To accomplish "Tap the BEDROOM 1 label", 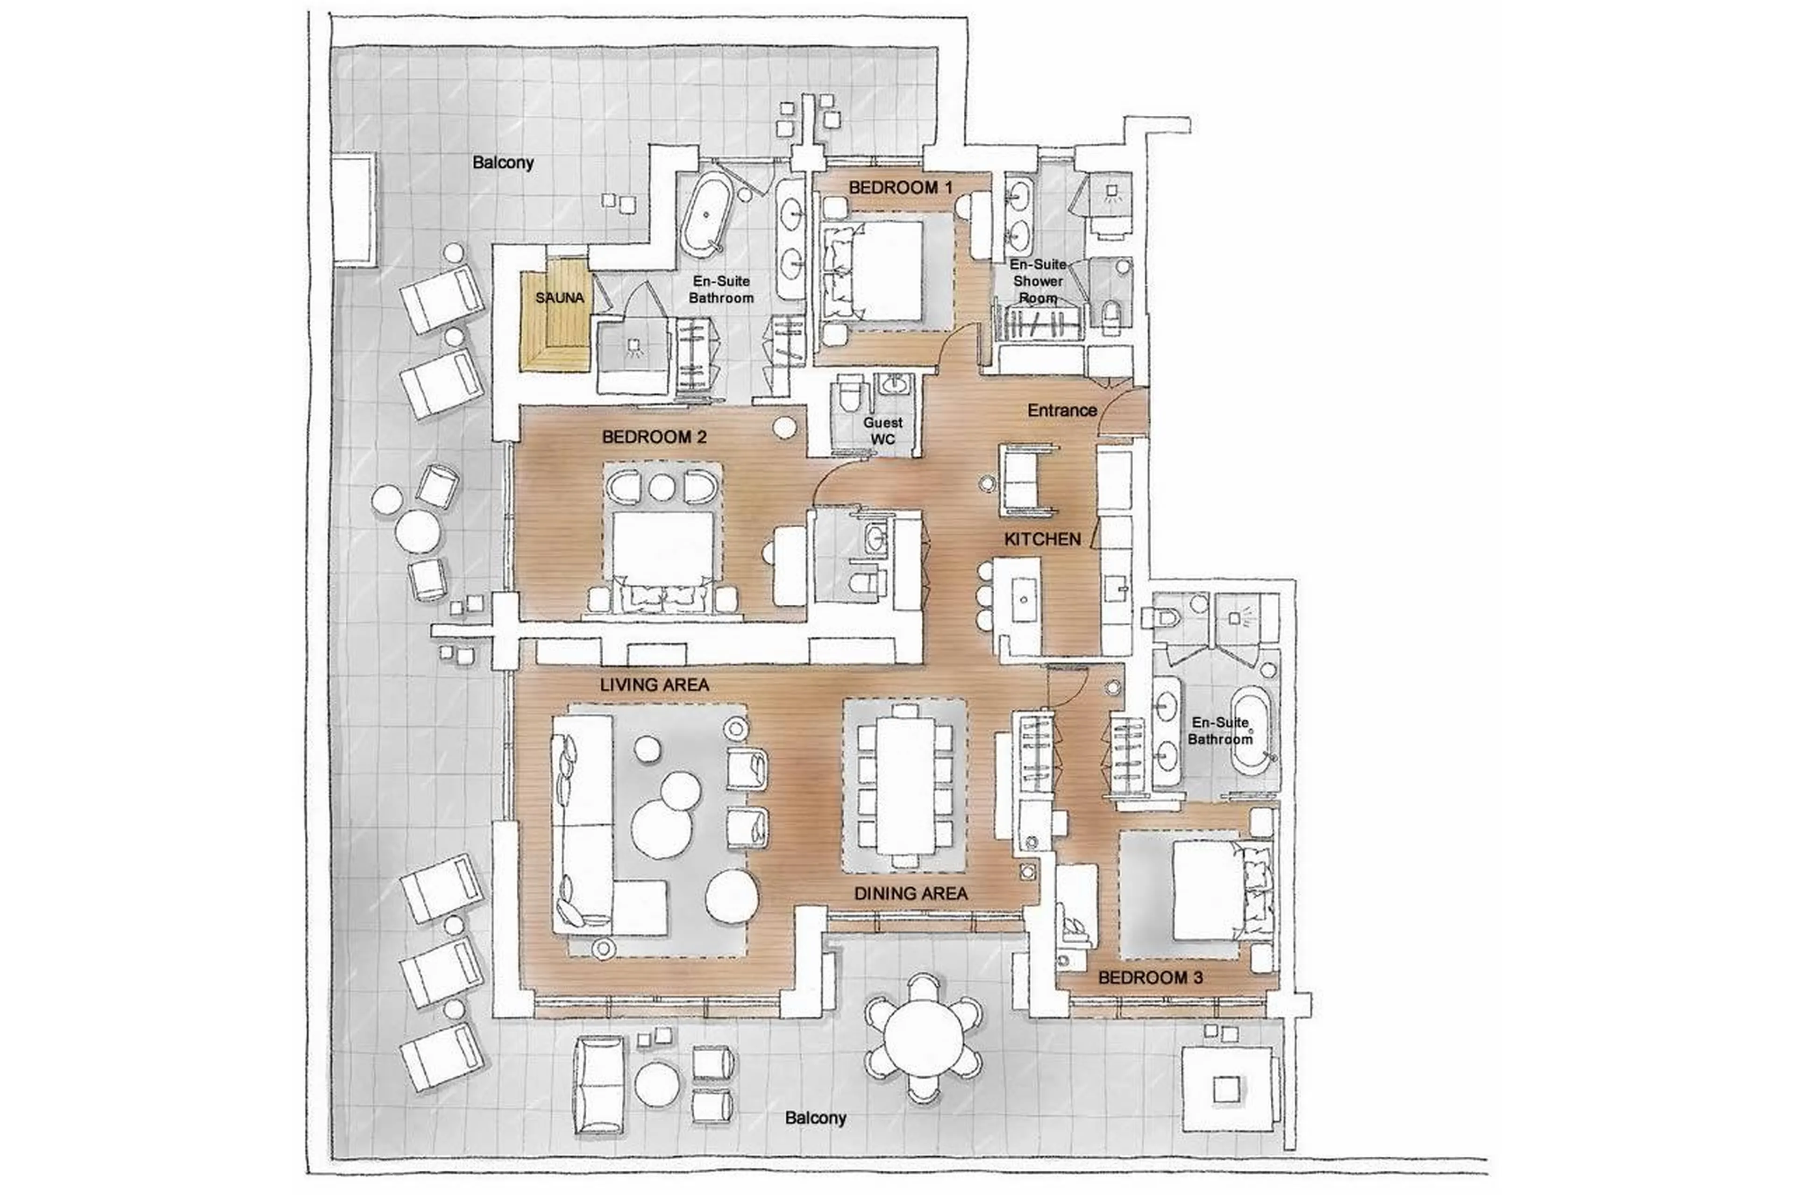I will point(900,187).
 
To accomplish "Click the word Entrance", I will point(1061,410).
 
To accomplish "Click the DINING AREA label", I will point(911,893).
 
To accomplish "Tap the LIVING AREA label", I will point(654,685).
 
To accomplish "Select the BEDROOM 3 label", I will point(1150,977).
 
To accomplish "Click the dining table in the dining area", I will point(905,785).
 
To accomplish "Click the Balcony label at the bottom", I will point(815,1118).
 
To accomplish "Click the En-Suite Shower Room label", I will point(1038,281).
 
